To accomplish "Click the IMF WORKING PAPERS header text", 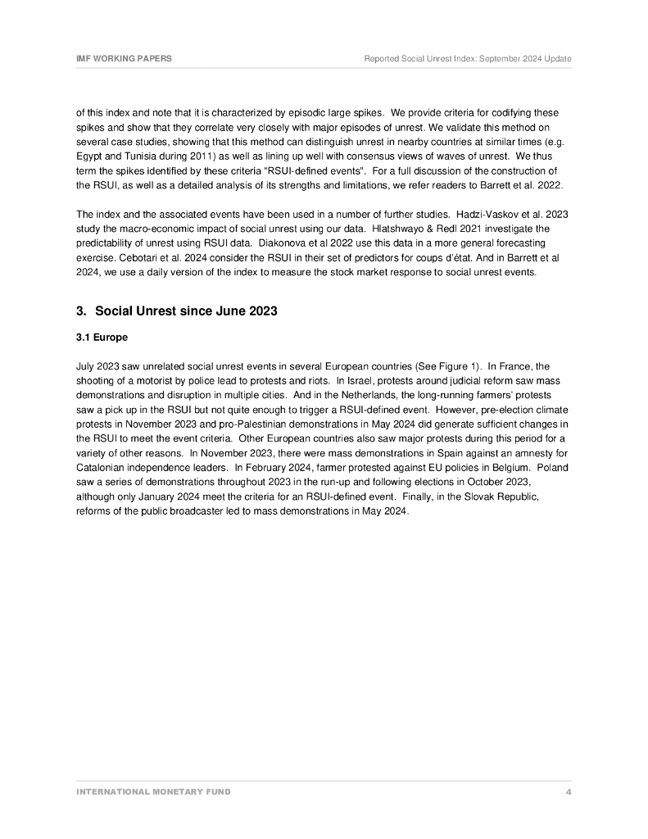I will click(124, 59).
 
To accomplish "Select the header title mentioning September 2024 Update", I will click(468, 59).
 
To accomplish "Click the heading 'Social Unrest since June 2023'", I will click(186, 311).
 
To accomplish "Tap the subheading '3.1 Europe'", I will click(102, 337).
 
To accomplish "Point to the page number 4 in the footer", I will click(569, 792).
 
